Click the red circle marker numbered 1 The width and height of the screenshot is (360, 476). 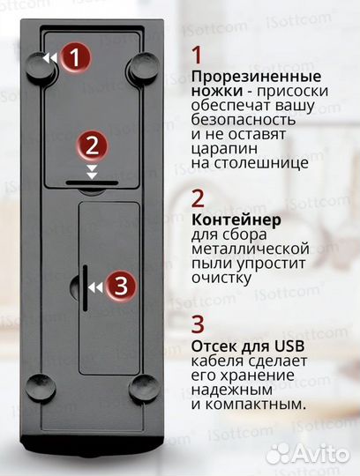coord(77,58)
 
